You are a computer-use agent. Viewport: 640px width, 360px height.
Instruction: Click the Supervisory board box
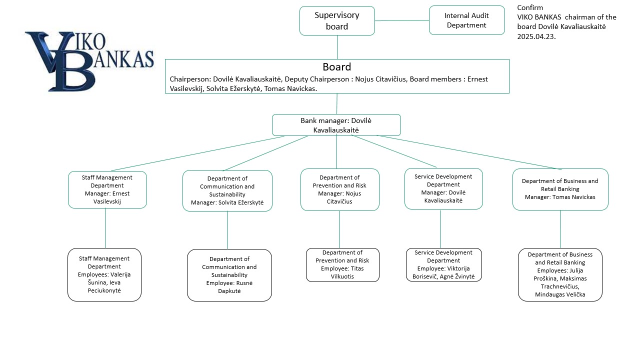point(337,21)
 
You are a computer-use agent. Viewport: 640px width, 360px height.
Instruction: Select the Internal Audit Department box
point(466,20)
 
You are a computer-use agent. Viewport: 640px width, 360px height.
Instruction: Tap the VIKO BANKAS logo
point(89,61)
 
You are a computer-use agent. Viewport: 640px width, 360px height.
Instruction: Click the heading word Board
point(336,67)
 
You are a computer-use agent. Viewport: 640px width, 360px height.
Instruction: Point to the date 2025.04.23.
point(536,36)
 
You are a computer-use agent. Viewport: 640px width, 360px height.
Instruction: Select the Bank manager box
point(336,125)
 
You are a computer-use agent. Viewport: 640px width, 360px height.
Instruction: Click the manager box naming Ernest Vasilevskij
point(107,189)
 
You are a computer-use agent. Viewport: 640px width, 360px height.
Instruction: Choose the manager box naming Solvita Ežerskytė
point(227,190)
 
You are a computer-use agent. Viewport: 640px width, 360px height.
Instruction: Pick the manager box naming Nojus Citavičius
point(339,189)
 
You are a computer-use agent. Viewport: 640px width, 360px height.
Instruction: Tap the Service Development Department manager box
point(443,188)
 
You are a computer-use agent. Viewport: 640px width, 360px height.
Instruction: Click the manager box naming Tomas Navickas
point(560,189)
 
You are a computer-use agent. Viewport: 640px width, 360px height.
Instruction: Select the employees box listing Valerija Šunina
point(104,274)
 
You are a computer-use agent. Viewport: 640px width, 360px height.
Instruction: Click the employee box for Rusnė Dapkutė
point(229,275)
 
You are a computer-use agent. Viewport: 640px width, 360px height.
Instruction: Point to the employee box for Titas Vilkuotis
point(342,265)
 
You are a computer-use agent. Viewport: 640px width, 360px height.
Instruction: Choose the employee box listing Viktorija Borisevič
point(443,264)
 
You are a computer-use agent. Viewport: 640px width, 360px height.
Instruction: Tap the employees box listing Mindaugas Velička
point(560,274)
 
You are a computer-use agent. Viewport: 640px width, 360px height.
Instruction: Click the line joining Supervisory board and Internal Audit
point(402,20)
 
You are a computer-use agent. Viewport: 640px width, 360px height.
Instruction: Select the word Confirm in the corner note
point(530,7)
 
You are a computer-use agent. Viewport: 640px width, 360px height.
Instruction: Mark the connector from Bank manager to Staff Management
point(197,153)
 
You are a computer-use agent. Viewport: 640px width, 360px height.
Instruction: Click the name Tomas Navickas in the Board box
point(290,88)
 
